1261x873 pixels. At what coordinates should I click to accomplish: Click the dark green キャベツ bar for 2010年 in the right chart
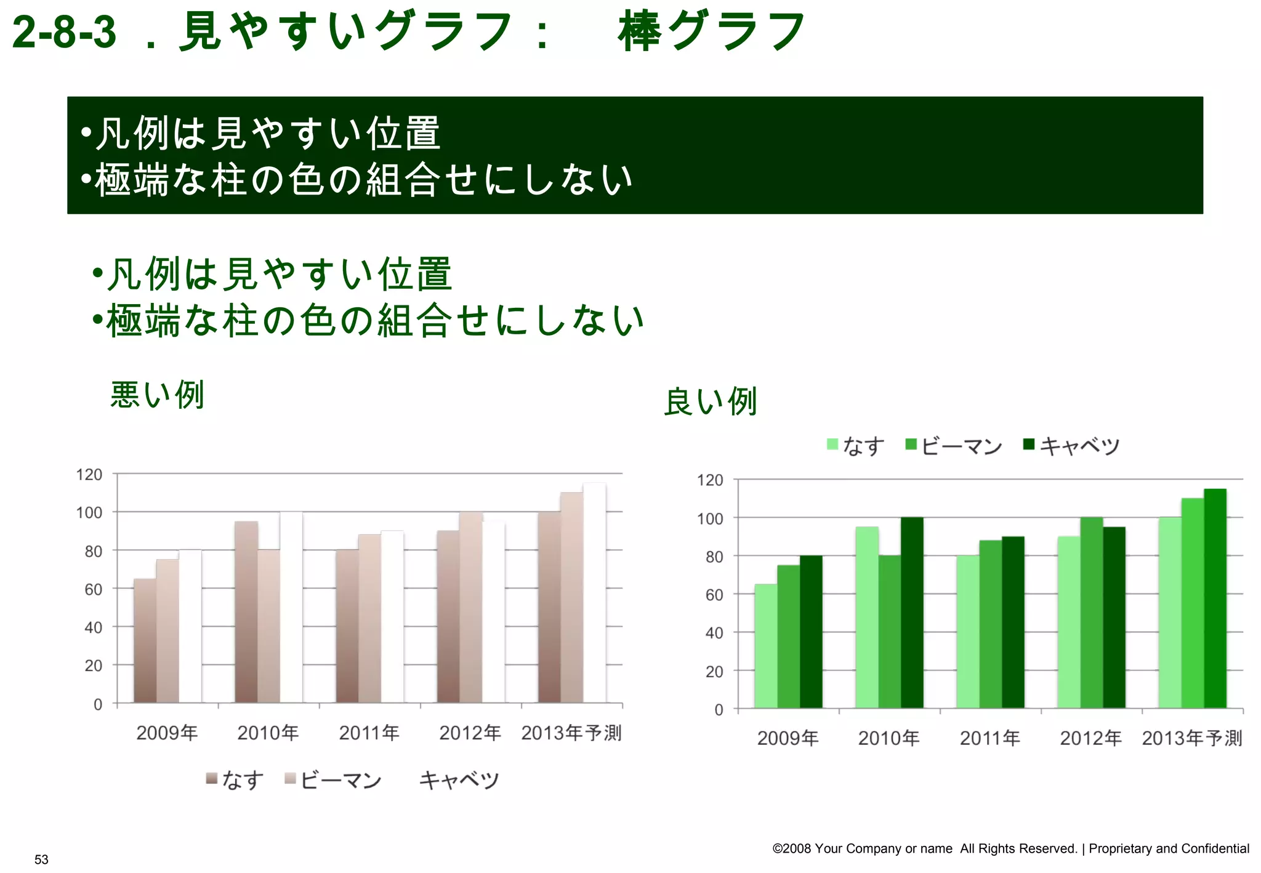(912, 613)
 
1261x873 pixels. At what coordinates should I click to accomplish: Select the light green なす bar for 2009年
(766, 646)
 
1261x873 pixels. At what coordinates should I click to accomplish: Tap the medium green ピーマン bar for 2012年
(1092, 613)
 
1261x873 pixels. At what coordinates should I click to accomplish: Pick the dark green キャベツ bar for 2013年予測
(1215, 598)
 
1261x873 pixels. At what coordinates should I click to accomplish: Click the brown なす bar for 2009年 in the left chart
(145, 640)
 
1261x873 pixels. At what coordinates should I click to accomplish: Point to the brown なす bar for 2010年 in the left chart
(246, 612)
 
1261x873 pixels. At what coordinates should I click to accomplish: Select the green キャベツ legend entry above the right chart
(1071, 445)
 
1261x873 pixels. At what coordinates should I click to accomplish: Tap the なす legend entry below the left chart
(235, 780)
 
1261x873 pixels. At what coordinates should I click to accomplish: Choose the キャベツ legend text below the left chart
(459, 780)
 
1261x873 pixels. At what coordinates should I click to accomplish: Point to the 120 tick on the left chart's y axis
(89, 475)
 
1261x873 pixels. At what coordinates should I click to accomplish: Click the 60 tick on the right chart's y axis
(714, 595)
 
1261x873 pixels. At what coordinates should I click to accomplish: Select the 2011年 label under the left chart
(369, 733)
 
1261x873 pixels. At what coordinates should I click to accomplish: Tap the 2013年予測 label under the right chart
(1192, 738)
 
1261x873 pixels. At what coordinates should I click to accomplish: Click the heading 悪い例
(157, 395)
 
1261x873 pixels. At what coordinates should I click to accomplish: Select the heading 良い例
(710, 402)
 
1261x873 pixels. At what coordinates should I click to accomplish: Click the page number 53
(41, 859)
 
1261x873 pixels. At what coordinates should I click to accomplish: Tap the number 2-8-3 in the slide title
(64, 32)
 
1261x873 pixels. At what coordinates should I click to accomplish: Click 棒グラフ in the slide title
(711, 32)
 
